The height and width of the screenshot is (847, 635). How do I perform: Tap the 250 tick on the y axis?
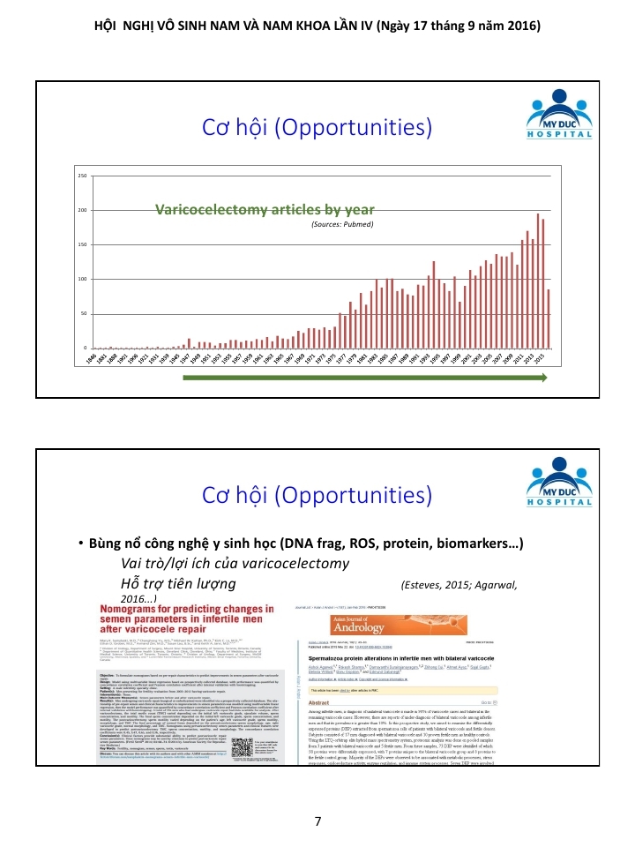click(82, 176)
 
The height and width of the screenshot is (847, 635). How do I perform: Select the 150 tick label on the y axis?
click(82, 244)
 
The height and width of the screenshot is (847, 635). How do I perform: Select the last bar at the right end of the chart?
click(549, 319)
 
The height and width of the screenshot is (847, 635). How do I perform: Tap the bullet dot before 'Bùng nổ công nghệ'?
click(79, 543)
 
